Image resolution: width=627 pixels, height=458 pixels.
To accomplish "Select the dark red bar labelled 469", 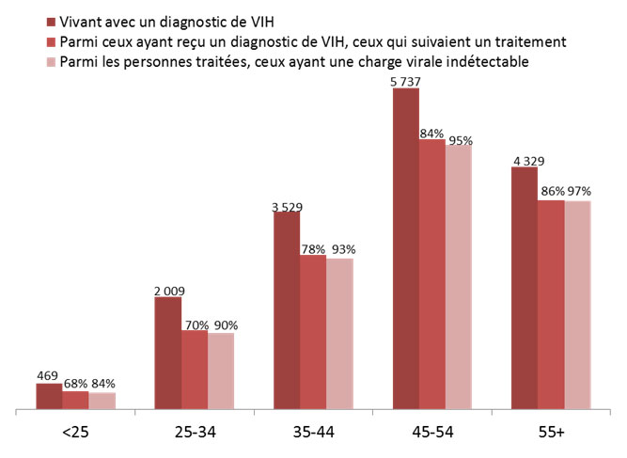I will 49,397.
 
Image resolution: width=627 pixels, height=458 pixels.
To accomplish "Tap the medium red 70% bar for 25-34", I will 194,371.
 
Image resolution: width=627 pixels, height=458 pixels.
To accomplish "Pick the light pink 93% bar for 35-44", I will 339,334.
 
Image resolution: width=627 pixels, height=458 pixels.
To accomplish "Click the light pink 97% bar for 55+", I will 577,306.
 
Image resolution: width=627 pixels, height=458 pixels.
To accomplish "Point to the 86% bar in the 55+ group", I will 551,306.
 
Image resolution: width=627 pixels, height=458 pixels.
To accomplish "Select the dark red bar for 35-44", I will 287,311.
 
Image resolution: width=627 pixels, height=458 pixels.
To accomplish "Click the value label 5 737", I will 406,80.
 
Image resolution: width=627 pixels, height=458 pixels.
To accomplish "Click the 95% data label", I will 461,141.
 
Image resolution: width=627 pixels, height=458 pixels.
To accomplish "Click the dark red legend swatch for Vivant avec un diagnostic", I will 49,21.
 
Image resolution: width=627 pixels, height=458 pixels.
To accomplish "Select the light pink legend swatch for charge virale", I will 49,63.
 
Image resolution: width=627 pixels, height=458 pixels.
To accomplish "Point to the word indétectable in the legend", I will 488,63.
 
